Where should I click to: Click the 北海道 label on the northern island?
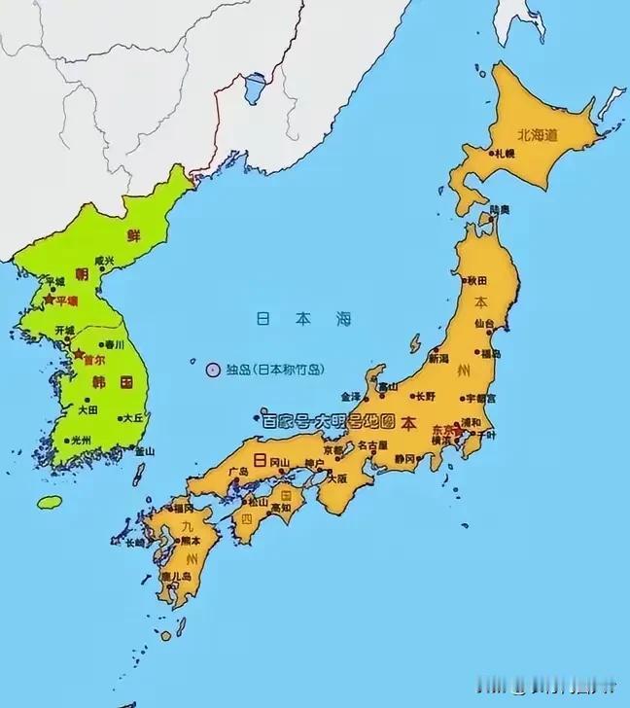coord(538,135)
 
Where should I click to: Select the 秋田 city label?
coord(477,280)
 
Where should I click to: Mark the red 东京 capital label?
coord(442,429)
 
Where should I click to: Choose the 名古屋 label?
coord(371,445)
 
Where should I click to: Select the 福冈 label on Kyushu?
coord(182,508)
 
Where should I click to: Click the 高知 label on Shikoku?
coord(280,508)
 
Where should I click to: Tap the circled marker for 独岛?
coord(213,369)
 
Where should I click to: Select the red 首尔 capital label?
coord(93,357)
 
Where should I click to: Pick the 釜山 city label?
coord(144,451)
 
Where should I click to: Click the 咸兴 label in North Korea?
coord(102,261)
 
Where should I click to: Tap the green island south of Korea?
coord(50,502)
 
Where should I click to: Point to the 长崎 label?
coord(131,543)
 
